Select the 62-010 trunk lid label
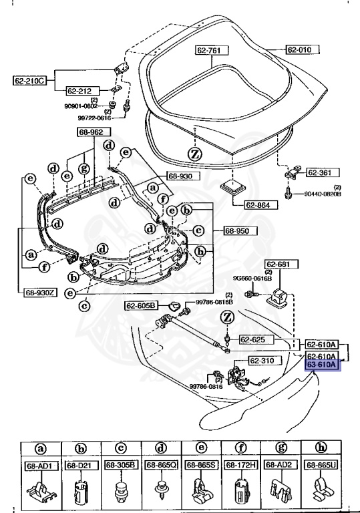click(303, 49)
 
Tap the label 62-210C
click(29, 81)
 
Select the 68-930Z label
click(41, 293)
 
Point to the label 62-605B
click(141, 306)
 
